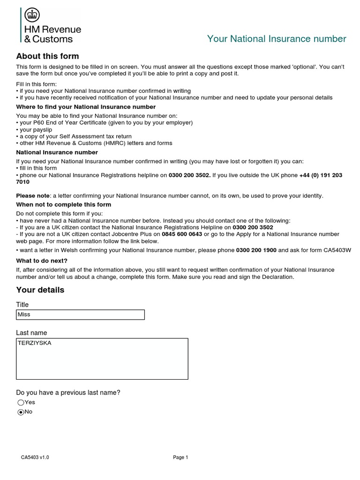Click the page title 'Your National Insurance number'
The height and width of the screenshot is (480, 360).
click(x=277, y=39)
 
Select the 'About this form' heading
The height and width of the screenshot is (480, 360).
click(x=47, y=56)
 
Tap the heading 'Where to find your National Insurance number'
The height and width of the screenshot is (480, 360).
click(x=86, y=107)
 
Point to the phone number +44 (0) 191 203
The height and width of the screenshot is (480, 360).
click(x=321, y=175)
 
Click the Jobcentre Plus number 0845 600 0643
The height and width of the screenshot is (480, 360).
click(x=182, y=234)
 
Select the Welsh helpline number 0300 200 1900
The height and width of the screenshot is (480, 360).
click(x=256, y=250)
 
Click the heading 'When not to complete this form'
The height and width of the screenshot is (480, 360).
click(x=64, y=205)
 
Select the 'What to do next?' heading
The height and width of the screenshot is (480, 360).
click(x=42, y=261)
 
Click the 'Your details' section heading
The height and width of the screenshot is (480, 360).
click(x=40, y=290)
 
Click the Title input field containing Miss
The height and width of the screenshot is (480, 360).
click(x=80, y=315)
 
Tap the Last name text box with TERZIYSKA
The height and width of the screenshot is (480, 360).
click(x=102, y=359)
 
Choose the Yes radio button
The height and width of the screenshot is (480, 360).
click(x=21, y=402)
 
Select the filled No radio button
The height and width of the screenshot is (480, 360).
click(x=21, y=412)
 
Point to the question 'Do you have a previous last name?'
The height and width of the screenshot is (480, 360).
click(x=68, y=392)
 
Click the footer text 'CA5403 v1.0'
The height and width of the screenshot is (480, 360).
click(x=35, y=457)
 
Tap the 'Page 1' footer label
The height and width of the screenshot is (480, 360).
click(x=180, y=457)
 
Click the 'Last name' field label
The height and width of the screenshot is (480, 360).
click(x=31, y=333)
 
